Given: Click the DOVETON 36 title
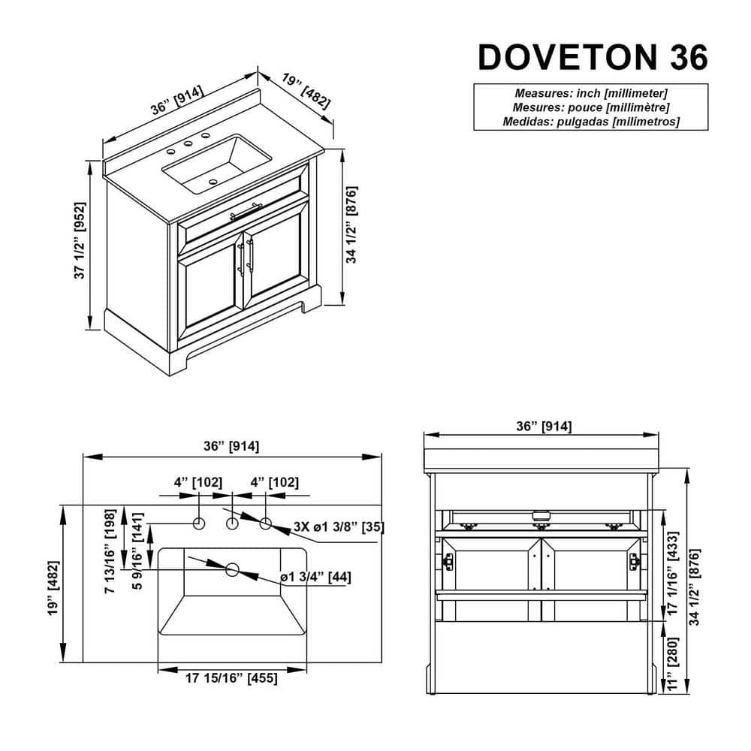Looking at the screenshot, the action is [x=593, y=58].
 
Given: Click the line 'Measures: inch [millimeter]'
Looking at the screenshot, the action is [x=590, y=93].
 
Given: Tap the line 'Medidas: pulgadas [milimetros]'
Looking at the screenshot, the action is [x=590, y=121].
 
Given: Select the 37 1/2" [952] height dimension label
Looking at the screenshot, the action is [x=80, y=240].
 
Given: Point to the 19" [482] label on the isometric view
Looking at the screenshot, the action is [x=306, y=91].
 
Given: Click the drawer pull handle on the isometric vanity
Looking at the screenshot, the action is [x=246, y=211].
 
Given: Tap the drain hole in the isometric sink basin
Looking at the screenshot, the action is [x=213, y=182].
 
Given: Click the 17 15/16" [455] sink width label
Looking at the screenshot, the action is [x=231, y=678].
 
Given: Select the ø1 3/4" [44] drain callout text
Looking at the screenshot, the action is [x=315, y=577].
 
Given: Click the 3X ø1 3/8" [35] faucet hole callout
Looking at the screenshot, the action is [x=339, y=527].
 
